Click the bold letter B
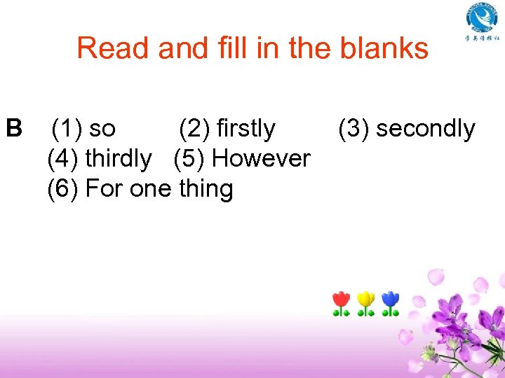13,129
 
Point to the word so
102,129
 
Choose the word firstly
246,129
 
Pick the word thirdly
118,159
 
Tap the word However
261,159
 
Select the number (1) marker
67,129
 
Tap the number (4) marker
62,159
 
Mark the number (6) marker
62,189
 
